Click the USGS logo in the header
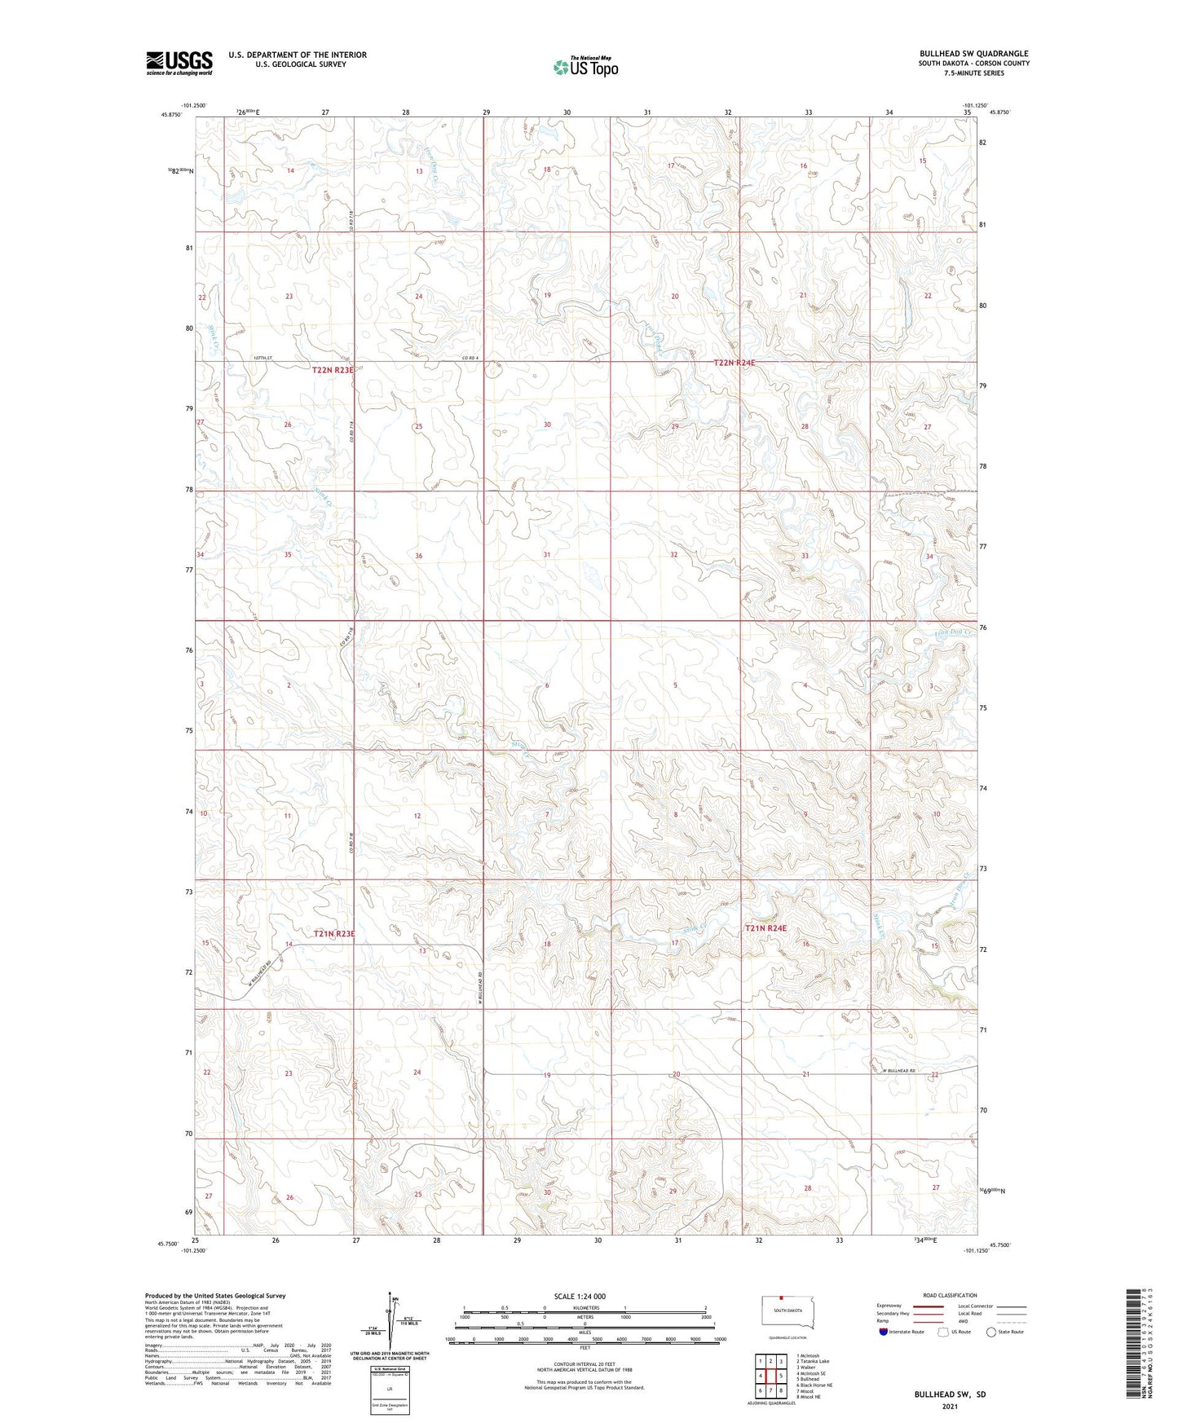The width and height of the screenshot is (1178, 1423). point(179,63)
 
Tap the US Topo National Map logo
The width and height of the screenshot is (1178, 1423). point(585,67)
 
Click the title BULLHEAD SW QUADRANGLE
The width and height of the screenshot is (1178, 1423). point(973,54)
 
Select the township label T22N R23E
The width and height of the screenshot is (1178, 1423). point(333,370)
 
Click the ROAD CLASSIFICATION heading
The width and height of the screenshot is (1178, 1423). point(950,1295)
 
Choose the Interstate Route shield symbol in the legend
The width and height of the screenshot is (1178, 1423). point(885,1332)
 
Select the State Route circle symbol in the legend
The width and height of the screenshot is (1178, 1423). point(991,1332)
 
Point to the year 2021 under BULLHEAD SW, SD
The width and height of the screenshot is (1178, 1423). point(949,1406)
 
